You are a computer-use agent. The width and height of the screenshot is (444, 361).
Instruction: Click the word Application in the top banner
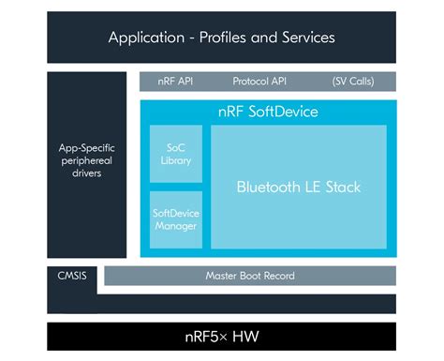point(145,38)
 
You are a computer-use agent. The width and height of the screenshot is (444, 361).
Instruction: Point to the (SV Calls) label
point(353,82)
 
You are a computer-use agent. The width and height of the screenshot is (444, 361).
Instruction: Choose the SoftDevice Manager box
point(175,219)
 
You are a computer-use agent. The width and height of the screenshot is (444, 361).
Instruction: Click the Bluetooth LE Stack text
point(298,188)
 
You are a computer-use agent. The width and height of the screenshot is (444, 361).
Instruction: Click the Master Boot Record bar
point(250,276)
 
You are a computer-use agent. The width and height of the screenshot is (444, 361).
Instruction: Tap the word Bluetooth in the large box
point(270,188)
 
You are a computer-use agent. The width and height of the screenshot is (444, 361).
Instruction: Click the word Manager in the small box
point(175,226)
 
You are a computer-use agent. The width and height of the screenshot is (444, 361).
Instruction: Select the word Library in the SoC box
point(175,160)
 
